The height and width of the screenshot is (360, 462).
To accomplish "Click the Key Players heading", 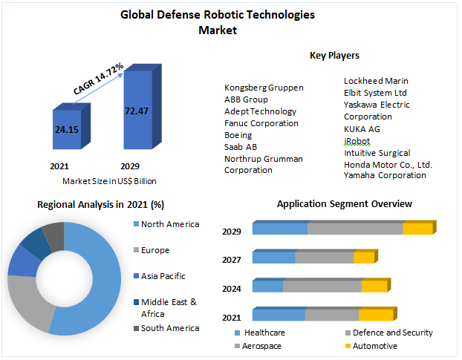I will coord(334,55).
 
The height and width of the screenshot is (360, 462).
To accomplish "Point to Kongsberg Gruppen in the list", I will coord(264,88).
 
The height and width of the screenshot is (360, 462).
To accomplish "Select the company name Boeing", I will coord(238,135).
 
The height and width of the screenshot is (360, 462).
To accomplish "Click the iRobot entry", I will coord(357,141).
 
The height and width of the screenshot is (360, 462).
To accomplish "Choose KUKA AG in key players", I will coord(362,128).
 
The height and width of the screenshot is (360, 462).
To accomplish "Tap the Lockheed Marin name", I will coord(376,81).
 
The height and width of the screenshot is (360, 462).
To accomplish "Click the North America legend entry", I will coord(169,224).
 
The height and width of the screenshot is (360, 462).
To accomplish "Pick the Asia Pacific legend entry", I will coord(163,276).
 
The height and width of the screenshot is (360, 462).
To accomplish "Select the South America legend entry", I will coord(169,328).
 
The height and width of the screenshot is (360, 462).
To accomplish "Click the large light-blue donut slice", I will coord(97,282).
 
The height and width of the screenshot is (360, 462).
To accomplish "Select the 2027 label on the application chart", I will coord(231,259).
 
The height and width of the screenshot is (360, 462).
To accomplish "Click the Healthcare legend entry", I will coord(265,333).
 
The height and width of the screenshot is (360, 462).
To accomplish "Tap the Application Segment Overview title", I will coord(344,203).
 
